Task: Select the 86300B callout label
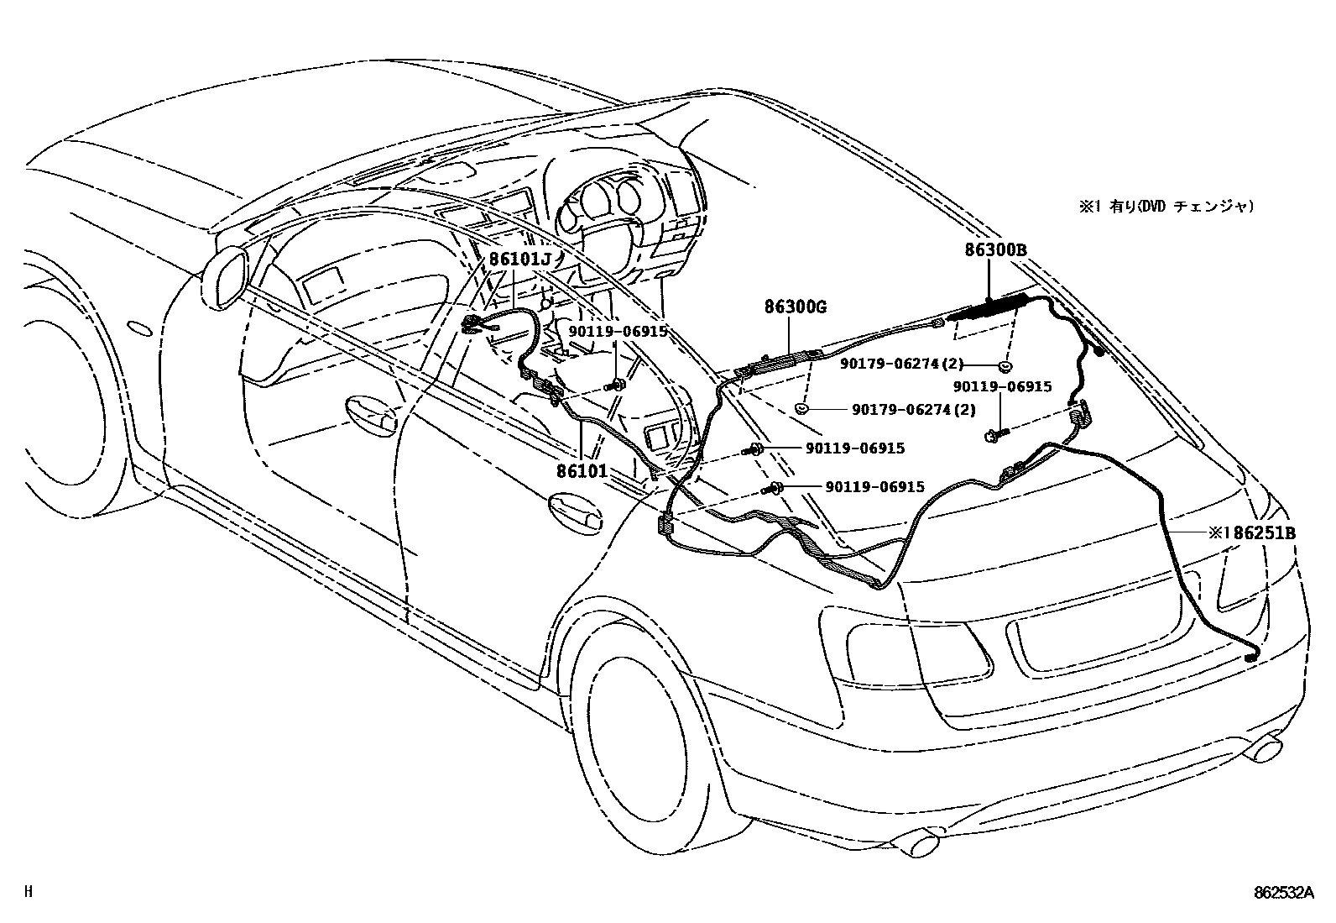click(x=995, y=249)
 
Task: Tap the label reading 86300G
click(x=795, y=307)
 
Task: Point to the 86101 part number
click(x=582, y=472)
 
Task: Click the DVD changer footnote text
click(x=1167, y=206)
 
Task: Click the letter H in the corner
click(x=28, y=892)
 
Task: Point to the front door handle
click(x=372, y=412)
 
